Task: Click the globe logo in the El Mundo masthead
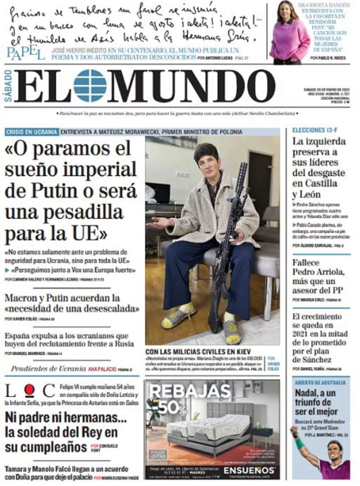pos(90,85)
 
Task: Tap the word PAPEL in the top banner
pos(26,53)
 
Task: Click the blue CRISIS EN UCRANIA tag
pos(31,132)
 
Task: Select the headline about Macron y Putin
pos(72,304)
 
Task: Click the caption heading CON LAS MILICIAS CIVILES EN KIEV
pos(198,352)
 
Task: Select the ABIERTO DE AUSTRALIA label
pos(320,383)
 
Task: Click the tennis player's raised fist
pos(294,432)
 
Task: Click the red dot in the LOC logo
pos(29,390)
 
